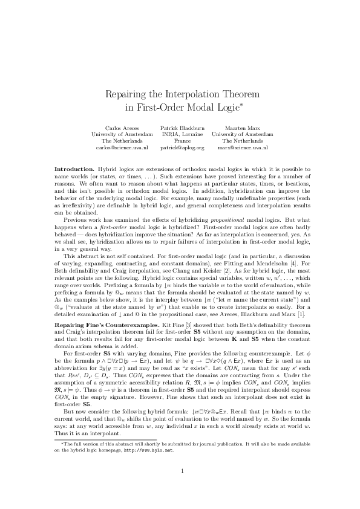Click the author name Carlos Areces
[x=122, y=129]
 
